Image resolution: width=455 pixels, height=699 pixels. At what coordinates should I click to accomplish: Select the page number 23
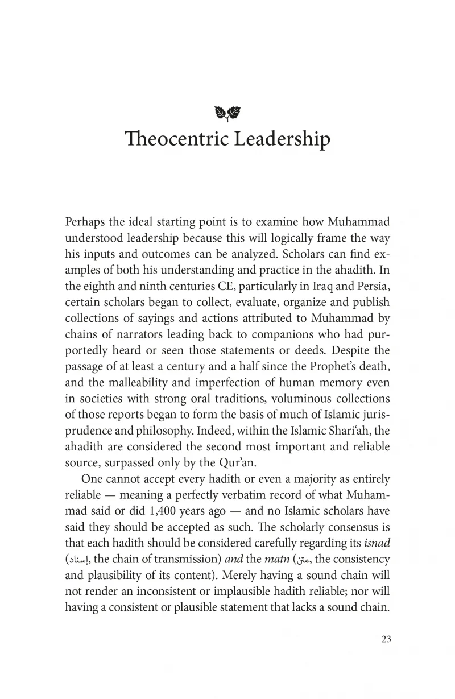tap(386, 639)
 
